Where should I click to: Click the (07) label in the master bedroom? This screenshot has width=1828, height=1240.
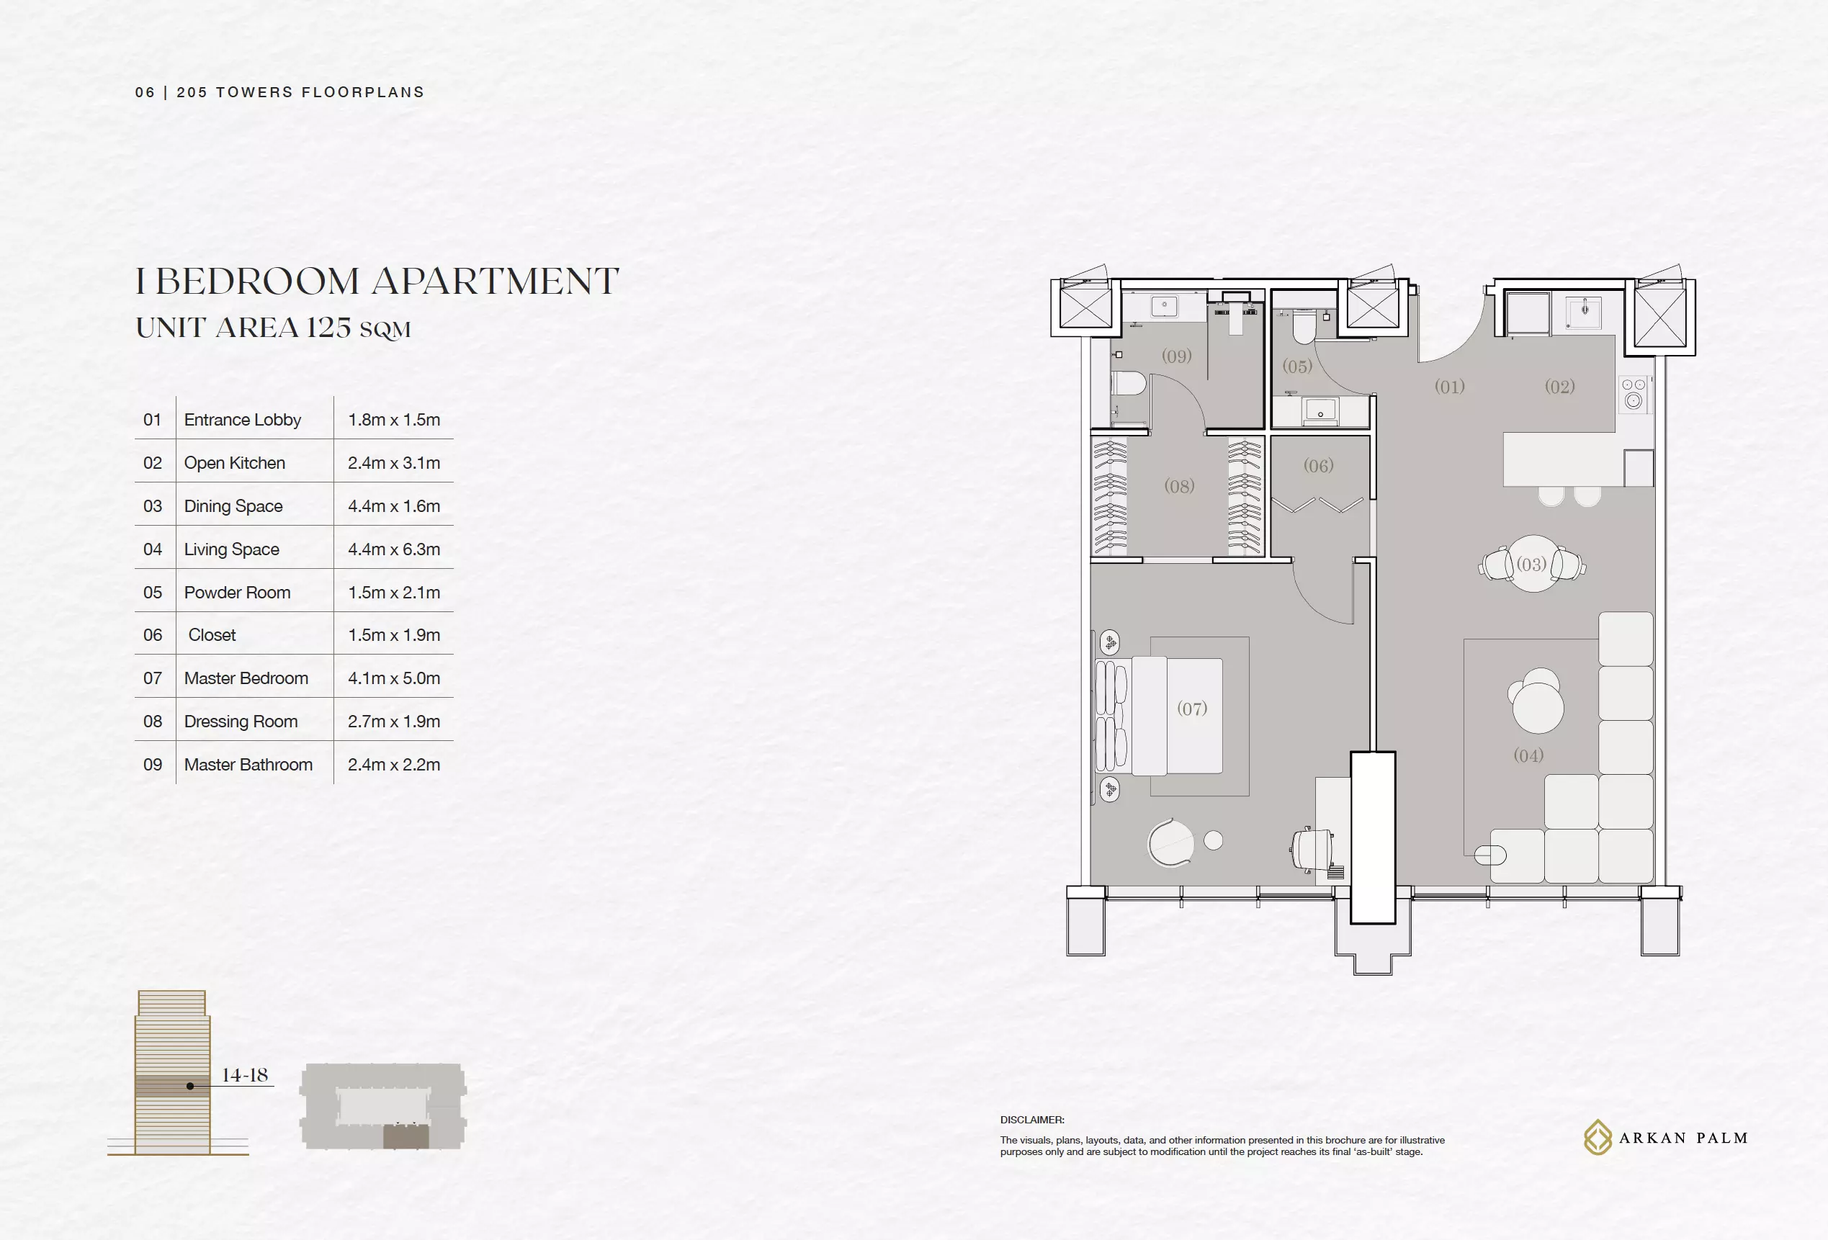click(1192, 709)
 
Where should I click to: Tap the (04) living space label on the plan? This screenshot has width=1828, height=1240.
click(1528, 755)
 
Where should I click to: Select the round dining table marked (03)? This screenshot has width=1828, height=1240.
click(1532, 563)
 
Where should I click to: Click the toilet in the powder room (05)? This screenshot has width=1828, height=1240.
click(1304, 327)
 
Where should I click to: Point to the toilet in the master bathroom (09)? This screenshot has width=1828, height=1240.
click(1129, 384)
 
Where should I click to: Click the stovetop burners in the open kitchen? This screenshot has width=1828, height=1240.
click(1634, 394)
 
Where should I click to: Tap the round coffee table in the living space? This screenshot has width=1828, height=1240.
click(1538, 707)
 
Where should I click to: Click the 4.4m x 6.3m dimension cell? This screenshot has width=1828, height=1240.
click(394, 549)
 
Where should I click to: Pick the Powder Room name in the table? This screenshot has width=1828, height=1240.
click(238, 592)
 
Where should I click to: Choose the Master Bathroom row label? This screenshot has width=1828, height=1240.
click(248, 764)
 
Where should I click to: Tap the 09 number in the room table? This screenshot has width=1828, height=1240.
click(153, 764)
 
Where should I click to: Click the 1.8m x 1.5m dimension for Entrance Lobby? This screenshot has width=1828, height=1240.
click(394, 419)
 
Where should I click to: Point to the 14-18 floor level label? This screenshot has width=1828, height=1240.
click(245, 1074)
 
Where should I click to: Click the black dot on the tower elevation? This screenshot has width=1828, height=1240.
click(190, 1086)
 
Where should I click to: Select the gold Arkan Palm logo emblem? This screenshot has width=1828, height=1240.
click(1598, 1137)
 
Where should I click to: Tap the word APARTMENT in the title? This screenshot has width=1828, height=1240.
click(496, 281)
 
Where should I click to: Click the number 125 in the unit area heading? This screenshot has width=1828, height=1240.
click(328, 327)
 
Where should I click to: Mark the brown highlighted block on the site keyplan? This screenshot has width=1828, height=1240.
click(406, 1136)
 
